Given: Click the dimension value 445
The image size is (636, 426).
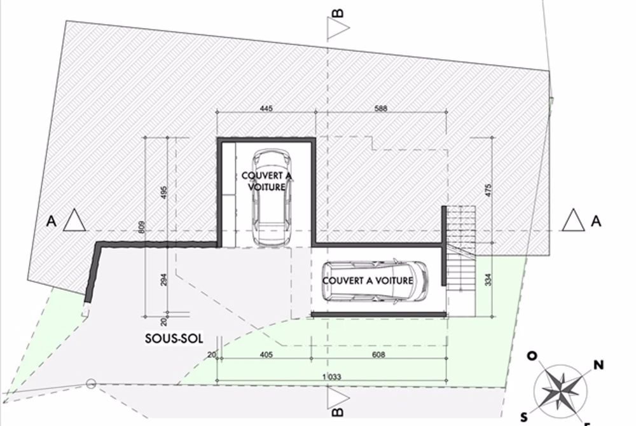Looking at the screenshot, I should pyautogui.click(x=266, y=109).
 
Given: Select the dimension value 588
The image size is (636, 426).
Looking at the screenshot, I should pyautogui.click(x=381, y=109).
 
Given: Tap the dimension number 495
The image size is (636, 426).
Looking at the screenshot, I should pyautogui.click(x=164, y=192).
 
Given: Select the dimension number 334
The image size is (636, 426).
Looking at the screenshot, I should pyautogui.click(x=487, y=279).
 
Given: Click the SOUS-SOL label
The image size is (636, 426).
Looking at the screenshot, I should pyautogui.click(x=174, y=340).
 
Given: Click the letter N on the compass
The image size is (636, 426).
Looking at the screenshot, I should pyautogui.click(x=598, y=365).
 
